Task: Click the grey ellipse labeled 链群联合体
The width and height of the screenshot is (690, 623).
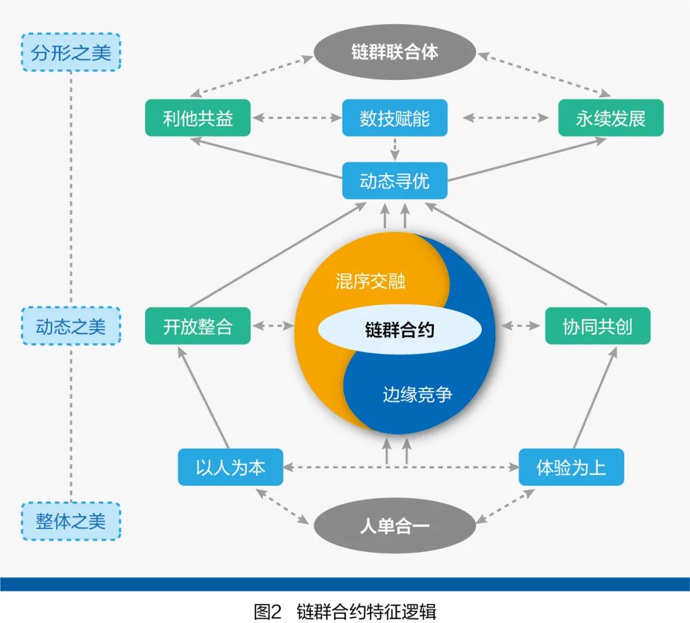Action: click(394, 52)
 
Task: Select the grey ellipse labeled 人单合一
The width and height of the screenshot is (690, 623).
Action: click(394, 527)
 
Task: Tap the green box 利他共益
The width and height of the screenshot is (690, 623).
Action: click(197, 118)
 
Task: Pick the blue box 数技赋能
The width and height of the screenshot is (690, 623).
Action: click(394, 118)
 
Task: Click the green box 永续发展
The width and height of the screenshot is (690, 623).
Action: click(610, 118)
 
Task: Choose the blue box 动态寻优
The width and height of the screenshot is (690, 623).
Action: click(394, 181)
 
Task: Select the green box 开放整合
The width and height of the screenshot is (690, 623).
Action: click(197, 327)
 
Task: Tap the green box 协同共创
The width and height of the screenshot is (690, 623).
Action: click(597, 327)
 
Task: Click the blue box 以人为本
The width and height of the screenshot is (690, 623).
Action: click(230, 467)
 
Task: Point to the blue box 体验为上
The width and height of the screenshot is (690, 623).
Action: click(571, 467)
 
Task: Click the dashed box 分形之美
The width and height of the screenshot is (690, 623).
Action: click(70, 52)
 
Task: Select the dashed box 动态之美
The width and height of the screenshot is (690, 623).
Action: click(70, 327)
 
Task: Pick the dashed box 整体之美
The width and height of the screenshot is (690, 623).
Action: click(70, 521)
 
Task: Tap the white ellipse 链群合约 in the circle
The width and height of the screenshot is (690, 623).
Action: click(399, 330)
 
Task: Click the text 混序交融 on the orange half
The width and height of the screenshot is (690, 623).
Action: click(371, 281)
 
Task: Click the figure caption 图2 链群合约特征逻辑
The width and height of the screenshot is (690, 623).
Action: click(345, 611)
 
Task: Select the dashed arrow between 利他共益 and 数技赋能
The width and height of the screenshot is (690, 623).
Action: click(296, 118)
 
